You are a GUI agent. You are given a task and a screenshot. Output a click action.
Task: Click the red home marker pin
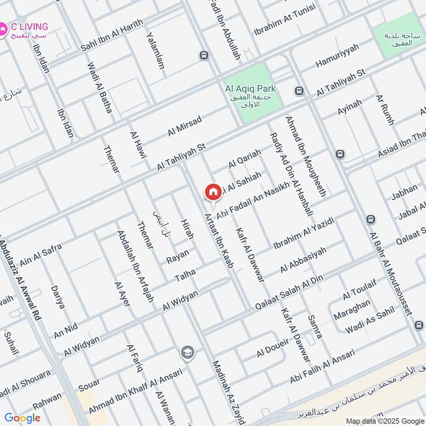coord(213,192)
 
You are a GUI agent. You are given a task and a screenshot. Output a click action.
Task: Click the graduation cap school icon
coord(187,352)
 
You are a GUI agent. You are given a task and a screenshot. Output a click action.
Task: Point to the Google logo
coord(22,417)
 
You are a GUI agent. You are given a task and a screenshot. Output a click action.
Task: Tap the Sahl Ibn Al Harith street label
coord(112,36)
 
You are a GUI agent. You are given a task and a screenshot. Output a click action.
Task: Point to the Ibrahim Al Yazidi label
coord(303,233)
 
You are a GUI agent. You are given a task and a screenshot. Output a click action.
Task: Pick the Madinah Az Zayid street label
coord(227,390)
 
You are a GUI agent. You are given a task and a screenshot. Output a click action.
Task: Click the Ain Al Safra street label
coord(41,255)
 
